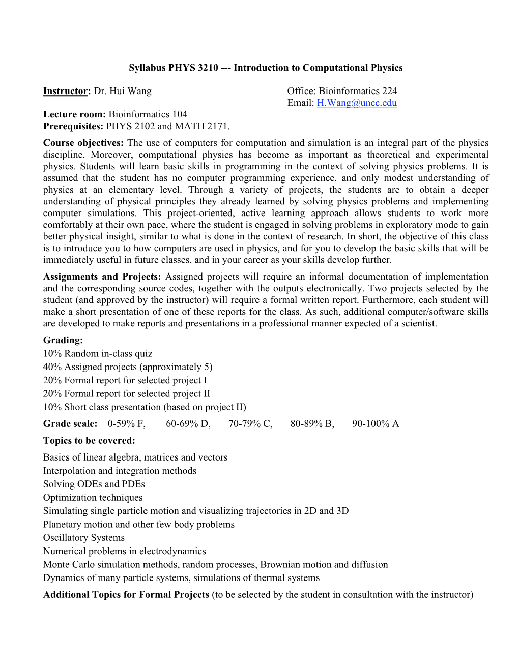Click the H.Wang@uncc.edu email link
(x=357, y=103)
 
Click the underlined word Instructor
(x=66, y=91)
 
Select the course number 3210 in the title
(x=208, y=68)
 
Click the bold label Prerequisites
(x=73, y=126)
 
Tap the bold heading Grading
(x=63, y=340)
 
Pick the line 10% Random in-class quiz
(x=98, y=353)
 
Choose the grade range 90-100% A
(x=376, y=424)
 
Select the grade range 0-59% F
(x=127, y=424)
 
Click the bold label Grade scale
(x=70, y=424)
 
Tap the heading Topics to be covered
(x=89, y=441)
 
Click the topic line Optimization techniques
(x=93, y=498)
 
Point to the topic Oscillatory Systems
(x=84, y=538)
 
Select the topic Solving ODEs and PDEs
(x=94, y=484)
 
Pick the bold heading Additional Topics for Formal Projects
(x=126, y=595)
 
